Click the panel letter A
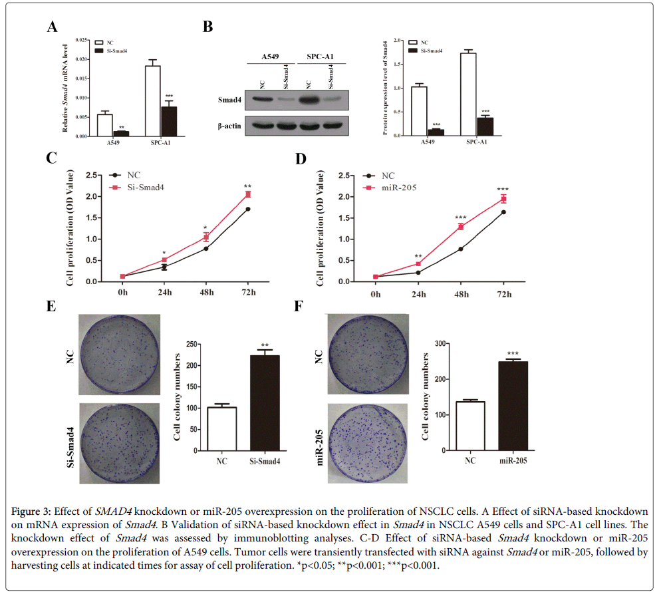[x=51, y=27]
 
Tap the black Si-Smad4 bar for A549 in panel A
[x=121, y=134]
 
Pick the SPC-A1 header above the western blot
[x=321, y=55]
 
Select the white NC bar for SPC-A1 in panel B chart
[x=468, y=94]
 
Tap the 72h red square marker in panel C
[x=248, y=194]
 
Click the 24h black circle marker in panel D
[x=418, y=273]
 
